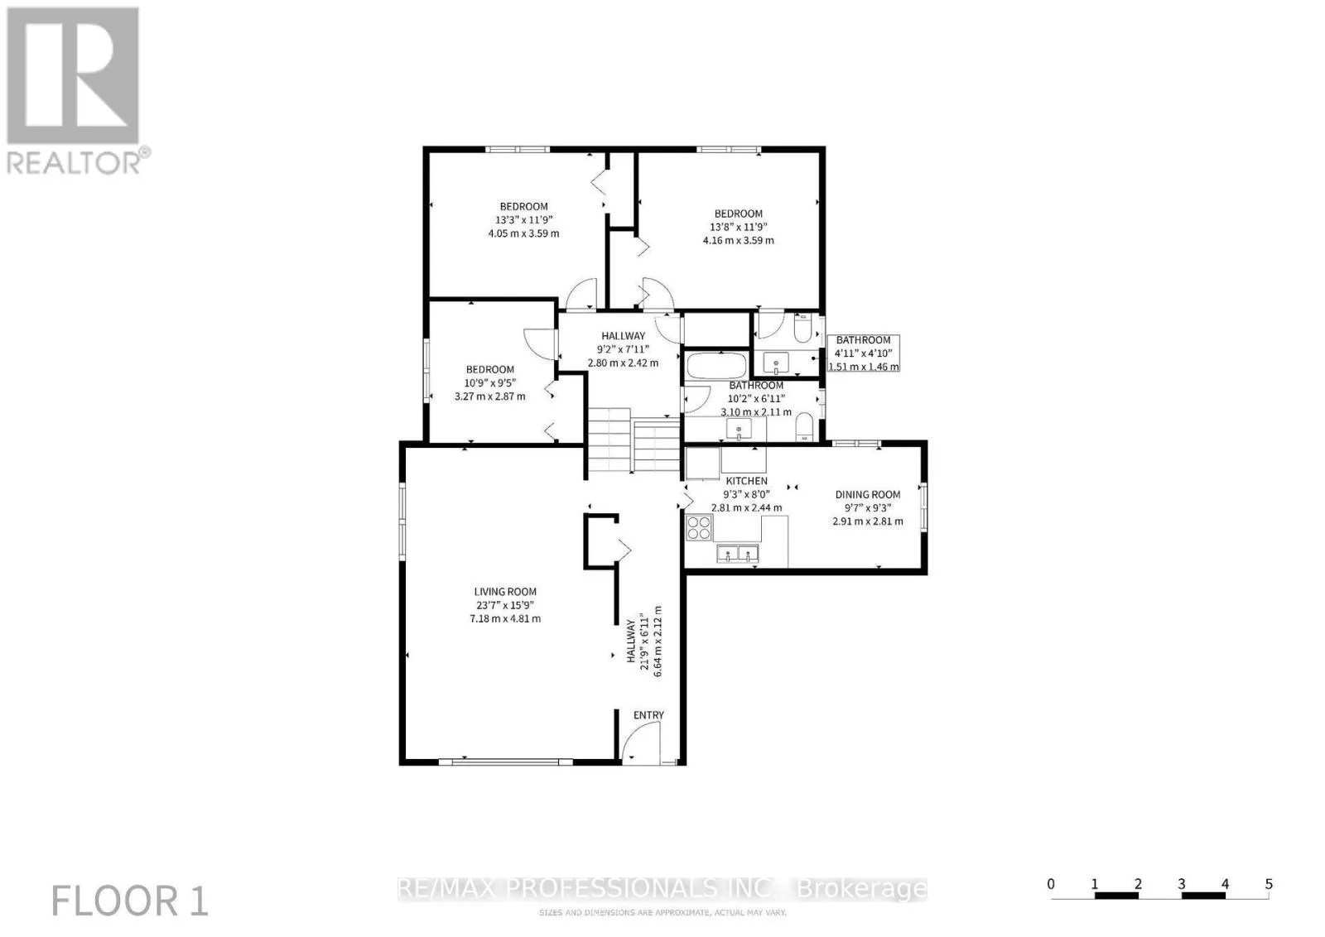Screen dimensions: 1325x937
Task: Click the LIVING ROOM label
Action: point(505,591)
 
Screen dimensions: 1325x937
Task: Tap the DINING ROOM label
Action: point(868,494)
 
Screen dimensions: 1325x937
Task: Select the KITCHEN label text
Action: point(746,481)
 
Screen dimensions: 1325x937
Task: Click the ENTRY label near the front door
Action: point(648,714)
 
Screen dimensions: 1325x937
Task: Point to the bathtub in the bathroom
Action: point(716,366)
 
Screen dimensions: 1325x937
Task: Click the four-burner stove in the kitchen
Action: point(699,527)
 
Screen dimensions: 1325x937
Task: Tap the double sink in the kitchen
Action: point(738,553)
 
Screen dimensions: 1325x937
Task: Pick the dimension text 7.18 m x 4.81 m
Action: point(505,618)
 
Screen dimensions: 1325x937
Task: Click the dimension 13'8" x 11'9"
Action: point(738,227)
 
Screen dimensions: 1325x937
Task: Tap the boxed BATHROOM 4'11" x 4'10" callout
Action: point(863,353)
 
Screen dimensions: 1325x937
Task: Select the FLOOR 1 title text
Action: point(129,901)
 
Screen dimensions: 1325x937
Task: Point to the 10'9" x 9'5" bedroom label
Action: point(489,382)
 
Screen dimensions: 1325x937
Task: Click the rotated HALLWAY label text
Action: point(631,641)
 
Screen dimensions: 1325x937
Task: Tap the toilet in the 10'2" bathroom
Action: point(804,426)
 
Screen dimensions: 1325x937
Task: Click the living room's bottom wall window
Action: point(505,762)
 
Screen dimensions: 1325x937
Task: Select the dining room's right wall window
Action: point(923,506)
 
